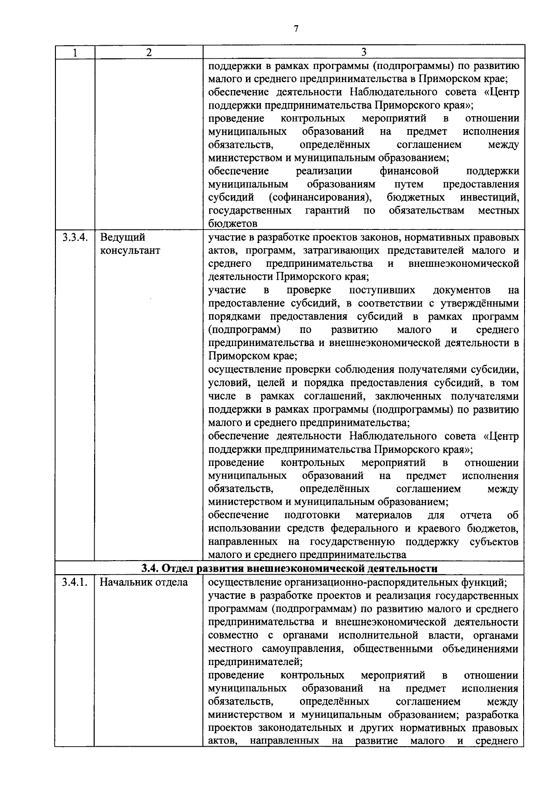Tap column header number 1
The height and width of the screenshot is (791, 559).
coord(75,52)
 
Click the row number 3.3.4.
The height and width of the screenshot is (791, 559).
coord(75,237)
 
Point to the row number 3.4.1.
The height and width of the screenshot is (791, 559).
coord(75,582)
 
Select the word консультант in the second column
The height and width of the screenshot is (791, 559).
coord(130,250)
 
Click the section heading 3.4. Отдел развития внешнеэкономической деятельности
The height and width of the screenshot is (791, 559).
coord(289,569)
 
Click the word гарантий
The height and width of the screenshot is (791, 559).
coord(327,210)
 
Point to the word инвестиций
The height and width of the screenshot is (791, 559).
coord(489,197)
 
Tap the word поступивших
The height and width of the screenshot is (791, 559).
coord(382,290)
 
